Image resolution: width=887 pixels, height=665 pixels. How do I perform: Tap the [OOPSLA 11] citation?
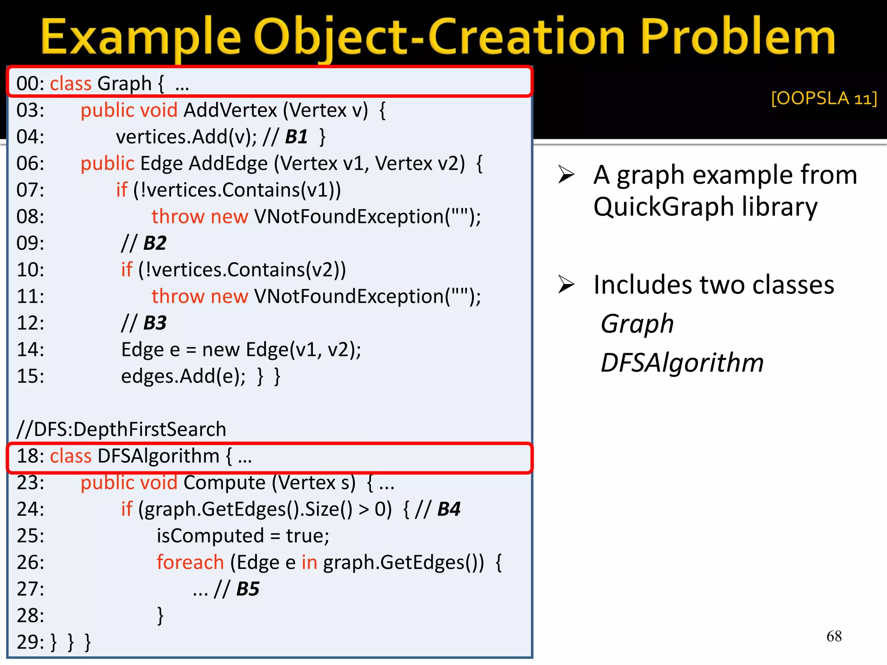824,98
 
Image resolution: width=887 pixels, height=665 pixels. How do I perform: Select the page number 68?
834,636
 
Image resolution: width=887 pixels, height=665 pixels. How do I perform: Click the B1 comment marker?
297,137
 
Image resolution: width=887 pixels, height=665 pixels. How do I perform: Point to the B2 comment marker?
155,243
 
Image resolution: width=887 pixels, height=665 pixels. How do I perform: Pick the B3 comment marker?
155,323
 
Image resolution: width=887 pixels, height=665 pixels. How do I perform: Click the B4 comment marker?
449,509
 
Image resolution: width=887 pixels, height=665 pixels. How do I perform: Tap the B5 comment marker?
248,589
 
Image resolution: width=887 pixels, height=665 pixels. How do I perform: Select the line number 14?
30,349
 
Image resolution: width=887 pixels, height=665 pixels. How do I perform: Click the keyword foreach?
190,562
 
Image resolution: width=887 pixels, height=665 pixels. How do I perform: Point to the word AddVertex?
230,110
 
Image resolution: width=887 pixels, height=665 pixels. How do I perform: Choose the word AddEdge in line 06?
228,164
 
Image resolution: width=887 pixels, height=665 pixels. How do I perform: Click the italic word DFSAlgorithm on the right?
682,362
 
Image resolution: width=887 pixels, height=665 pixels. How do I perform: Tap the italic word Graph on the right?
637,323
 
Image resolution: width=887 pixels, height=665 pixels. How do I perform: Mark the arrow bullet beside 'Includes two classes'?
566,284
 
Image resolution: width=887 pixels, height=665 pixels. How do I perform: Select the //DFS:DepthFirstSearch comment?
121,429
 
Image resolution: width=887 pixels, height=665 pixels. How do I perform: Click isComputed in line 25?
210,536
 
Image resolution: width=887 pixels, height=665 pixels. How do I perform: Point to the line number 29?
30,642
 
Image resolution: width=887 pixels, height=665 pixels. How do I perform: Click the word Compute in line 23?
224,483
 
